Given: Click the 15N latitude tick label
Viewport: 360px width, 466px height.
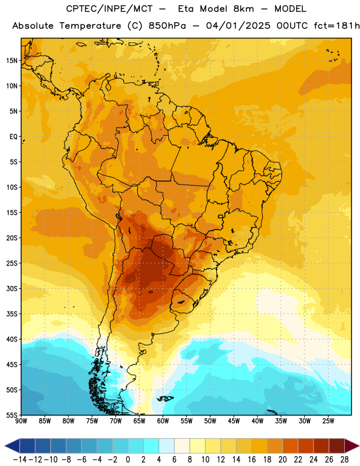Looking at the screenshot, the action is click(12, 61).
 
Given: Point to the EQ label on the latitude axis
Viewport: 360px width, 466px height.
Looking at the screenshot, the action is click(13, 137).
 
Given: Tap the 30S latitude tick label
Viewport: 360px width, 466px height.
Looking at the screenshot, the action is click(12, 288).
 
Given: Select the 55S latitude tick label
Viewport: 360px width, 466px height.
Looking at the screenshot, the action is click(12, 415).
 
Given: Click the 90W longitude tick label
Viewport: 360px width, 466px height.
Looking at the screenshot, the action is click(21, 421).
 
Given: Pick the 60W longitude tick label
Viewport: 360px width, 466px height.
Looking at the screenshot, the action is click(163, 421).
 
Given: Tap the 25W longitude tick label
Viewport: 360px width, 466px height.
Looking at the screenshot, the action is click(328, 421).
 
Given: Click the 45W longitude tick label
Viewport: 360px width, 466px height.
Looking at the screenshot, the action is click(234, 421).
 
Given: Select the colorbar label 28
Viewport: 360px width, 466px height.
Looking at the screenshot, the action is click(344, 460).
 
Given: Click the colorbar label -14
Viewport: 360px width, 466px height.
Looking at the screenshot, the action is click(20, 460).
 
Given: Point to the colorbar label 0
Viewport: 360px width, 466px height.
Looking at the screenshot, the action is click(128, 460).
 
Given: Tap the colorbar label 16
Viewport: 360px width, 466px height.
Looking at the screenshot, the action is click(252, 460).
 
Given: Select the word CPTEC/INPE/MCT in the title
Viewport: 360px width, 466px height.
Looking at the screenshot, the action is click(110, 9).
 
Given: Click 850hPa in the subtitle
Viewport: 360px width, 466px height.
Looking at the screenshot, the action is click(167, 26).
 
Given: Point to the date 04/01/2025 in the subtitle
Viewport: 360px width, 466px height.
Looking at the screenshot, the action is click(238, 26).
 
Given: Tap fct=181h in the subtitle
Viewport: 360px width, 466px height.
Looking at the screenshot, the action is click(337, 26).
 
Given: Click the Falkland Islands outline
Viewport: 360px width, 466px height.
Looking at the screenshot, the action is click(165, 398).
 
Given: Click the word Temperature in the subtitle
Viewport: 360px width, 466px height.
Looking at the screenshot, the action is click(90, 26).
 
